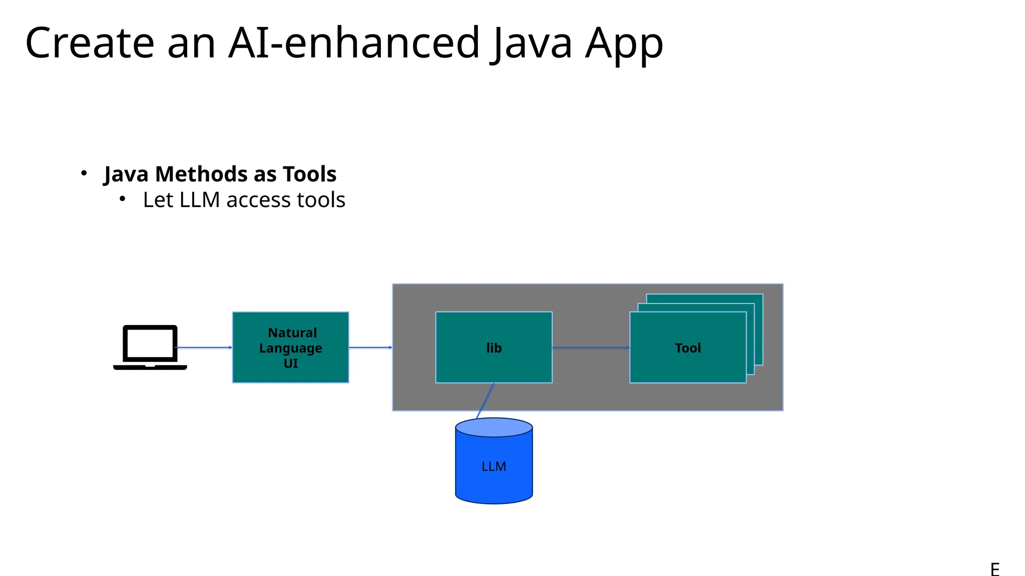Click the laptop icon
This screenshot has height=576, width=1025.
150,347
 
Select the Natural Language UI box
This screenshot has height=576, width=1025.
290,347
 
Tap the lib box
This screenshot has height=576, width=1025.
493,347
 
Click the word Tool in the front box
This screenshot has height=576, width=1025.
688,348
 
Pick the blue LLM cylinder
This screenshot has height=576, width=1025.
493,467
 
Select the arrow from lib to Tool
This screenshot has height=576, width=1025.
591,347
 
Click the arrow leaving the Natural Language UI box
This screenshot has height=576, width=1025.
370,347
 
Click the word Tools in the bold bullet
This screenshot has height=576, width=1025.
309,174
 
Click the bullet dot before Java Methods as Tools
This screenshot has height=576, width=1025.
84,173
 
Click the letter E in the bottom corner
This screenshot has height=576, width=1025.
994,569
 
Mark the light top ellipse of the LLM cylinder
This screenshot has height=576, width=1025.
493,427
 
